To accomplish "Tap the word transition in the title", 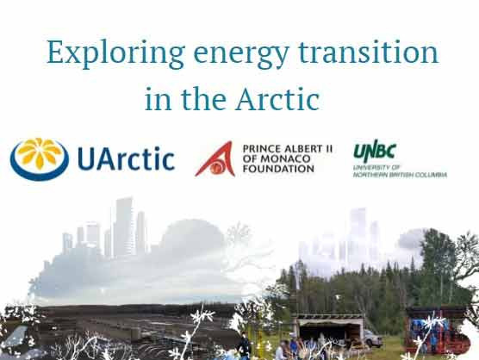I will coord(371,53).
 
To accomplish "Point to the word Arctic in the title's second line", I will coord(277,99).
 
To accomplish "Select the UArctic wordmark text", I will coord(126,159).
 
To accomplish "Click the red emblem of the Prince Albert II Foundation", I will coord(215,157).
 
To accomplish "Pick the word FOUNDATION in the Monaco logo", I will coord(278,169).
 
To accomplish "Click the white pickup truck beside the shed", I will coord(371,337).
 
